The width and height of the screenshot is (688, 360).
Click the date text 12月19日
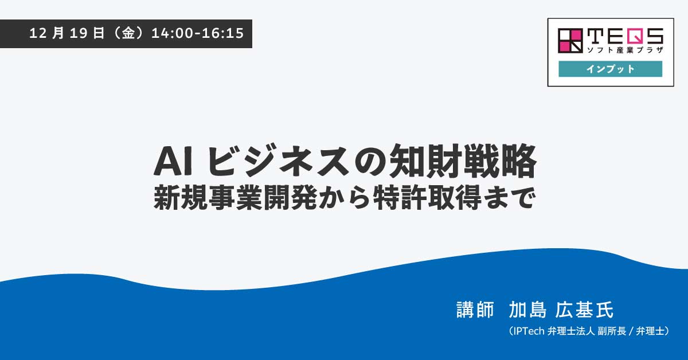67,33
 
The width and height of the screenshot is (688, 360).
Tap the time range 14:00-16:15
198,33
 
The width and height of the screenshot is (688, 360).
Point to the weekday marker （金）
128,33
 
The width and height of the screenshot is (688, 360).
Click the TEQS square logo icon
570,41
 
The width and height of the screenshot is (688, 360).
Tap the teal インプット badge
610,69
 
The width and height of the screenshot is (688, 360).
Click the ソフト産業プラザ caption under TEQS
625,50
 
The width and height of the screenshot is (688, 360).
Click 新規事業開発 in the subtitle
235,198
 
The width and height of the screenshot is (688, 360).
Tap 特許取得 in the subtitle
427,198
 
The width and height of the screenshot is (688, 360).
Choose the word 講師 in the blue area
475,310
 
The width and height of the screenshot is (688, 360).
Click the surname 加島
528,310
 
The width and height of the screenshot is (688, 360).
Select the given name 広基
574,310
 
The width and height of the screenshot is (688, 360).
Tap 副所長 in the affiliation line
608,331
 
